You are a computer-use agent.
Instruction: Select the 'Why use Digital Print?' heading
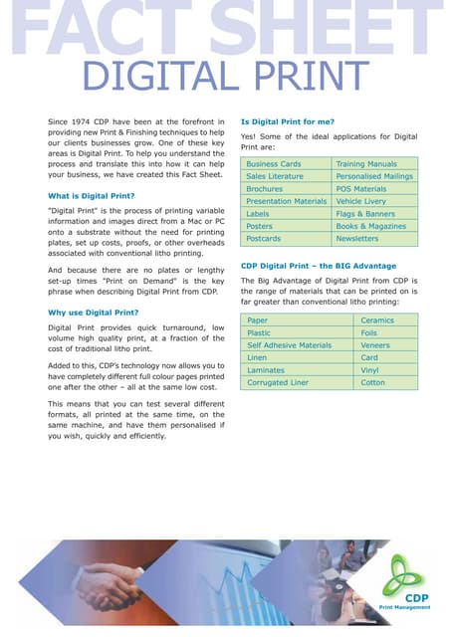93,313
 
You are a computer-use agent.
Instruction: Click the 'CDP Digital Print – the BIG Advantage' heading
319,266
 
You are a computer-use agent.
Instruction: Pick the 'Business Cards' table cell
274,163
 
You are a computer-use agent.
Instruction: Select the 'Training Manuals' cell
366,163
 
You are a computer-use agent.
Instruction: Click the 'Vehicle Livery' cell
360,201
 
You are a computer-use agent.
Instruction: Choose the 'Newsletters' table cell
357,239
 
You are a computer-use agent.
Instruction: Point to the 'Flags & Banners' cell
365,214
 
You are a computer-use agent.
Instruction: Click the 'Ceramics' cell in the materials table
377,320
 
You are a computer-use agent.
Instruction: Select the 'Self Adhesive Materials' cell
289,345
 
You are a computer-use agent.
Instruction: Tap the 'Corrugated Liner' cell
278,382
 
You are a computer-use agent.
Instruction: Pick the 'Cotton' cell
373,382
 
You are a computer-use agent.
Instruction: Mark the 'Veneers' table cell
376,345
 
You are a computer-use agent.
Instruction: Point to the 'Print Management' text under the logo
404,607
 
